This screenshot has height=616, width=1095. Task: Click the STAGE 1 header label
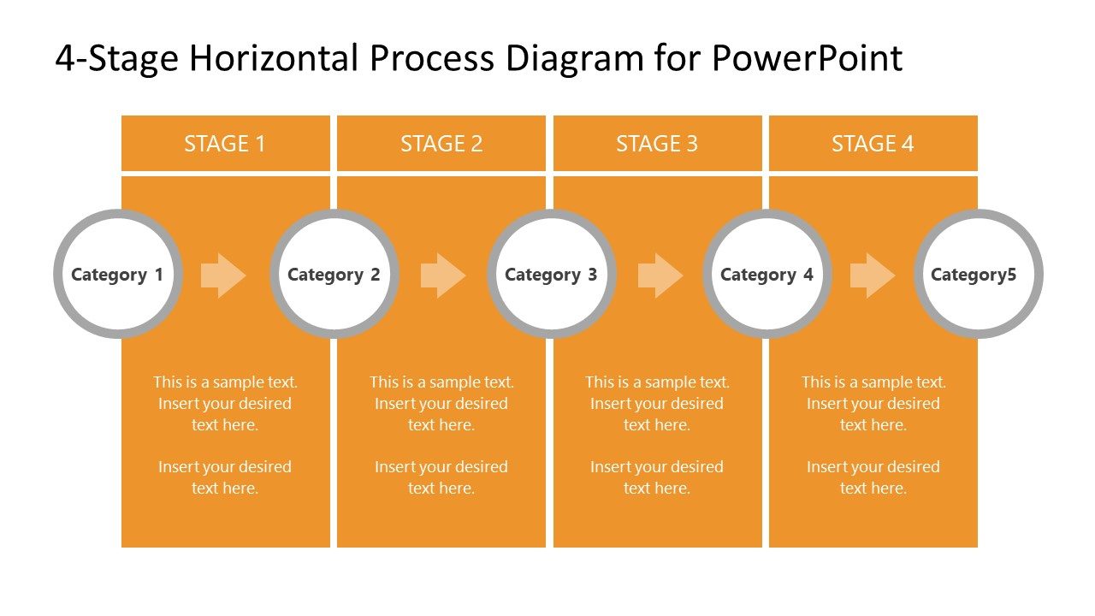(x=225, y=144)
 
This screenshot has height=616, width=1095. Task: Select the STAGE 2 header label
(x=441, y=144)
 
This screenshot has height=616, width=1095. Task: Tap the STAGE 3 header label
(x=657, y=144)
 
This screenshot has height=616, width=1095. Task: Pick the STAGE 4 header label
(x=873, y=144)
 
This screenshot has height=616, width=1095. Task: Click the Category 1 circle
(x=117, y=274)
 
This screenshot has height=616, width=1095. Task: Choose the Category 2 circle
(x=334, y=274)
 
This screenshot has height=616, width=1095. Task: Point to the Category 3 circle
(x=552, y=274)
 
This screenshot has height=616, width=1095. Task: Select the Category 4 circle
(x=767, y=274)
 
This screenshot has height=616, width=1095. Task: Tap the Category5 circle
(x=978, y=274)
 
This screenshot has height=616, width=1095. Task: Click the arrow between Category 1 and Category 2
(x=223, y=275)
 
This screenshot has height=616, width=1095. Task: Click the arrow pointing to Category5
(x=873, y=275)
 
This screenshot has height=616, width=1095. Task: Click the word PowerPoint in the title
(x=806, y=58)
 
